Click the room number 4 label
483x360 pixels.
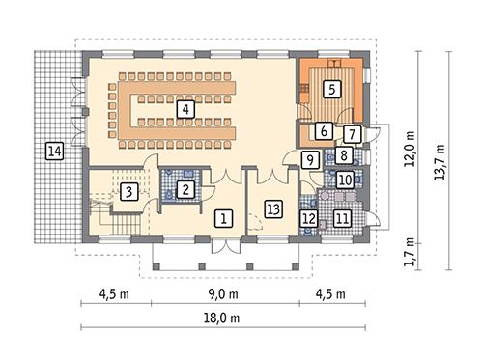click(x=184, y=110)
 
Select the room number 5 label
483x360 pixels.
click(x=332, y=89)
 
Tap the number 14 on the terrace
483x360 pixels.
click(x=53, y=150)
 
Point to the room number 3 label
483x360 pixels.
click(x=128, y=192)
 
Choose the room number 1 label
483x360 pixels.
click(x=223, y=218)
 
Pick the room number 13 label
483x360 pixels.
click(x=273, y=208)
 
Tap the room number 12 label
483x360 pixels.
click(x=309, y=219)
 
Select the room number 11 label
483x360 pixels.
click(x=341, y=219)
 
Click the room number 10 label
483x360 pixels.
click(x=344, y=179)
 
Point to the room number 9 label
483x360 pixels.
click(x=310, y=161)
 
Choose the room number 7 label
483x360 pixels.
click(x=353, y=134)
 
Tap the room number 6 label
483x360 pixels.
click(x=324, y=131)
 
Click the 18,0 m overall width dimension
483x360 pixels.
click(x=223, y=318)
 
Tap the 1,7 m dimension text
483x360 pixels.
click(x=410, y=254)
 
